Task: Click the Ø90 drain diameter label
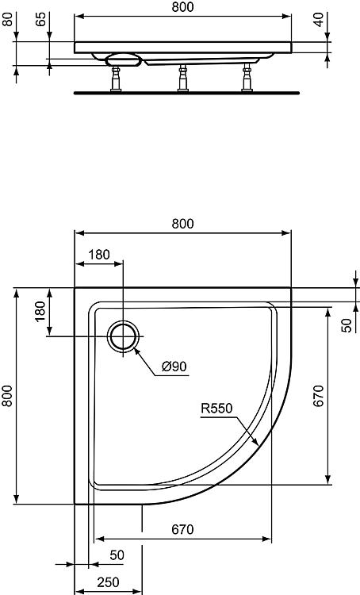[x=174, y=367]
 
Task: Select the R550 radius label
[x=216, y=409]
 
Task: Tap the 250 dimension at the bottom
[x=108, y=582]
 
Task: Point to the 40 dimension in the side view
[x=320, y=19]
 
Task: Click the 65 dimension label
[x=41, y=19]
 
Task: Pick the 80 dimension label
[x=7, y=19]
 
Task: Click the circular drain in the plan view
[x=123, y=336]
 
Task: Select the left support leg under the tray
[x=116, y=79]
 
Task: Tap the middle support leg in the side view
[x=183, y=79]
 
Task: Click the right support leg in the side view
[x=247, y=78]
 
